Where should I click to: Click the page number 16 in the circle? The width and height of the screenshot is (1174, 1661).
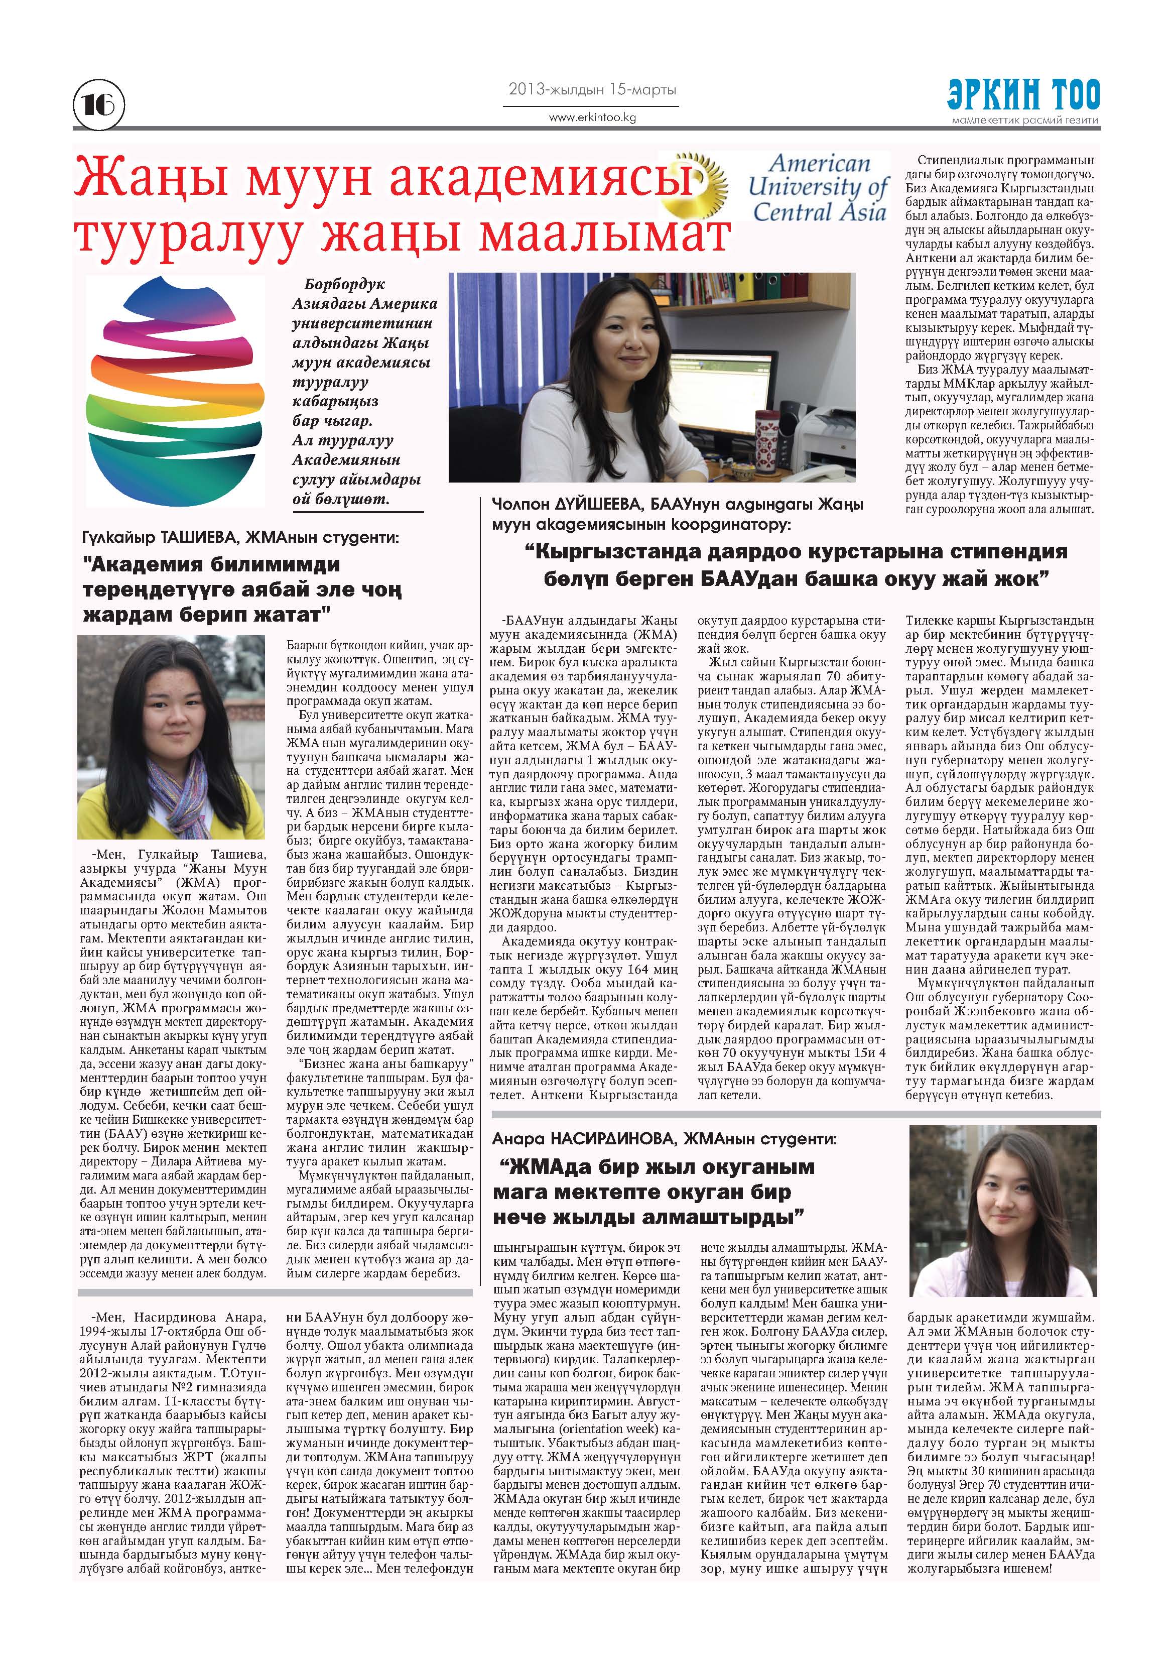[99, 105]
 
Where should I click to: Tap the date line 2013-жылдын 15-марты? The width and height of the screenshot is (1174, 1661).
[592, 90]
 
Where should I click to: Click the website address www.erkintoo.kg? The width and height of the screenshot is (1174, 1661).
[592, 116]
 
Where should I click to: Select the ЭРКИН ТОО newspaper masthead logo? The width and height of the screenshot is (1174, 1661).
[1023, 95]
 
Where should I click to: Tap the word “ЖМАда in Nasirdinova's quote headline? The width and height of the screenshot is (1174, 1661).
[549, 1167]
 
